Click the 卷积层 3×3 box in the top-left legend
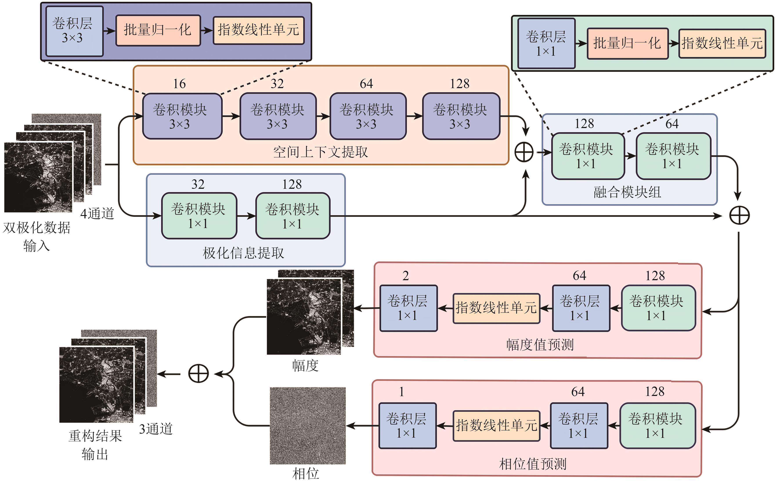pos(74,31)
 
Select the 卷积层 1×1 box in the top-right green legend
pos(546,43)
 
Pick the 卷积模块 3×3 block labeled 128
pos(461,116)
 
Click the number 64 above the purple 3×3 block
pos(366,84)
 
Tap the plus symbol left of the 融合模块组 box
pos(524,152)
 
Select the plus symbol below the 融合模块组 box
pos(739,215)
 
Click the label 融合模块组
pos(627,192)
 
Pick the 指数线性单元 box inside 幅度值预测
pos(496,308)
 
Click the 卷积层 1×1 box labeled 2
pos(408,308)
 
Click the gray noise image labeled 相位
pos(308,426)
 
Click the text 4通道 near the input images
pos(97,213)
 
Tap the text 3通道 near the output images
pos(156,429)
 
